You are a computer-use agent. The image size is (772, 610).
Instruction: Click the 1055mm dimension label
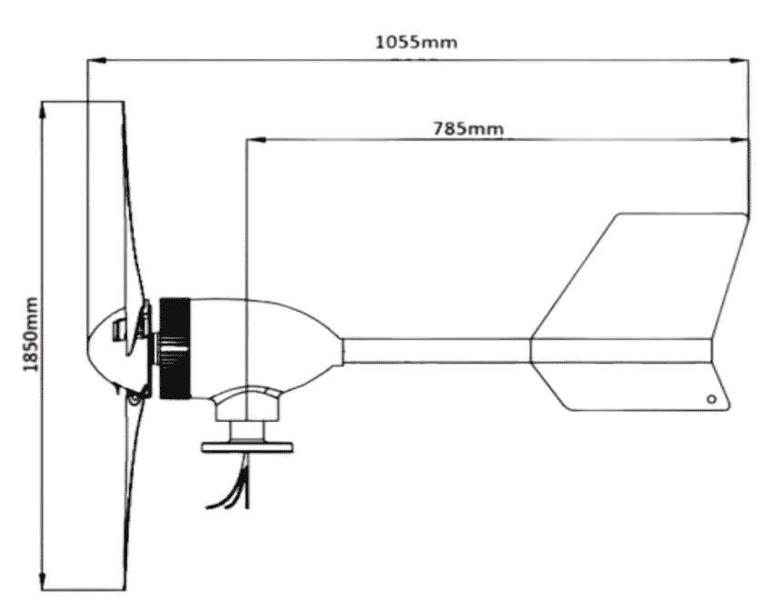point(416,42)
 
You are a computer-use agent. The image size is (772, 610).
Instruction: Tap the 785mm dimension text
point(469,128)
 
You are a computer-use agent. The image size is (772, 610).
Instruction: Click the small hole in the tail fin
point(711,399)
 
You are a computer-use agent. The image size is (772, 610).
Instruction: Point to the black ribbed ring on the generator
point(174,348)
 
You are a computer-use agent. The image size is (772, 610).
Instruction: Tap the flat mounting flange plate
point(247,447)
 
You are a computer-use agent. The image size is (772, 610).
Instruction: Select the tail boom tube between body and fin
point(437,351)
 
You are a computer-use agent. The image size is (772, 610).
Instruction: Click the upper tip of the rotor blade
point(124,103)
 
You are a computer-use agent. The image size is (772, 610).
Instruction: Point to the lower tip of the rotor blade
point(124,588)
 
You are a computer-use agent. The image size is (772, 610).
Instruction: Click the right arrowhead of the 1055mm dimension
point(739,60)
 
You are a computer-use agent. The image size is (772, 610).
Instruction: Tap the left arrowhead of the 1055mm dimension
point(96,60)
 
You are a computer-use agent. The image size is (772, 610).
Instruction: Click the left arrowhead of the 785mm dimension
point(256,139)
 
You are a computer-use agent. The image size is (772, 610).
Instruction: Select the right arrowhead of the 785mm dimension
point(739,140)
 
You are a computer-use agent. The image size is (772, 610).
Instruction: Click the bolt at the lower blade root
point(133,400)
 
